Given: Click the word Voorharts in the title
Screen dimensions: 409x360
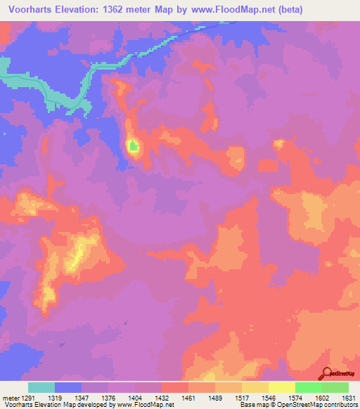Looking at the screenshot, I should [x=27, y=10].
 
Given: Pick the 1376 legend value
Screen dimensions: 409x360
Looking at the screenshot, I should [x=109, y=398].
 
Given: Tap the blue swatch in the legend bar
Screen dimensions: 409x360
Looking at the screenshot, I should [x=68, y=387].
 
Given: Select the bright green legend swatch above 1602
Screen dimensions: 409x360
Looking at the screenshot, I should [x=309, y=387].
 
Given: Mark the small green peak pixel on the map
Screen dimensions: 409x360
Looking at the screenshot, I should [x=133, y=145].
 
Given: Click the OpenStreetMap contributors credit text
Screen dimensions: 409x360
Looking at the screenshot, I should [x=323, y=405].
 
